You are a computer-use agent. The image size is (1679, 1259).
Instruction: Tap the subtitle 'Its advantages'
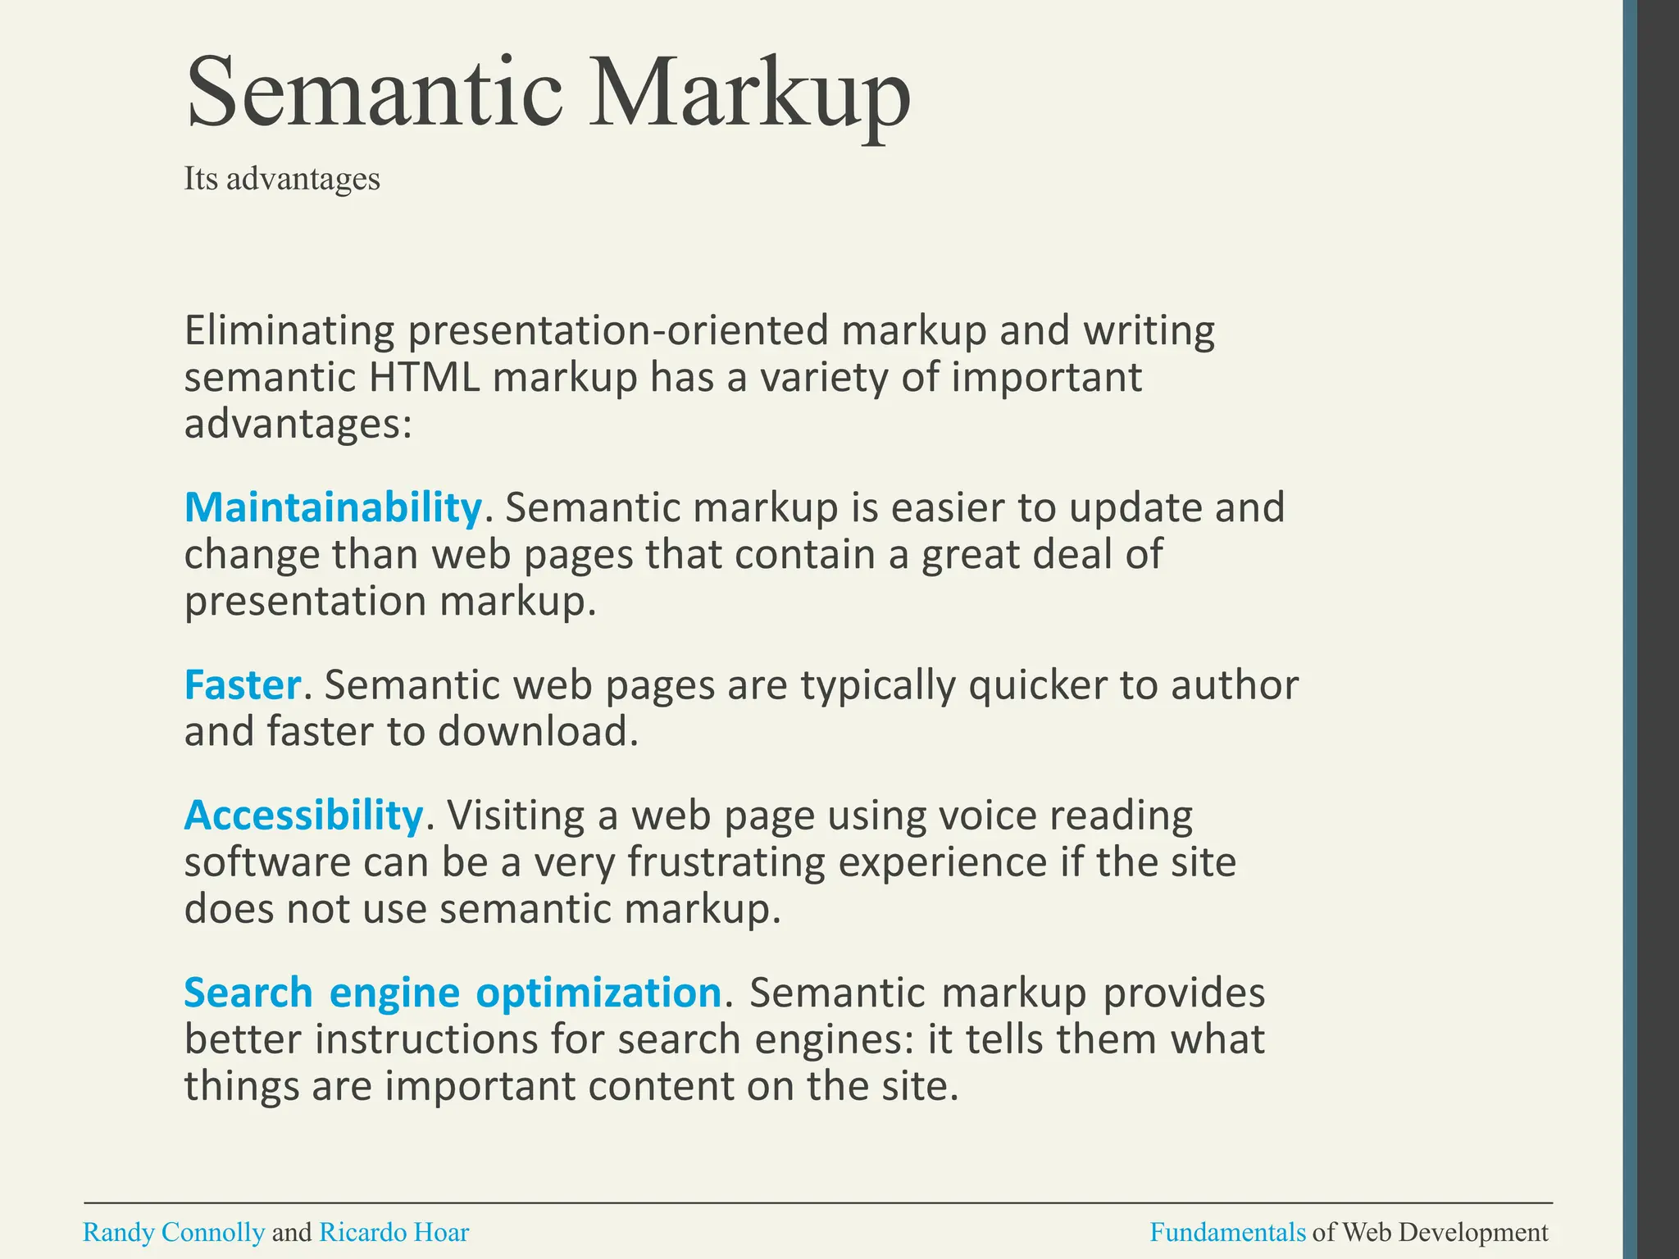click(x=282, y=179)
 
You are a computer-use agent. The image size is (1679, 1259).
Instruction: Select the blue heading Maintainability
click(x=333, y=507)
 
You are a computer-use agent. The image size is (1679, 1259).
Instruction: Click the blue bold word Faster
click(x=243, y=684)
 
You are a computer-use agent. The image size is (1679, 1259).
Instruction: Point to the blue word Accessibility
click(x=303, y=815)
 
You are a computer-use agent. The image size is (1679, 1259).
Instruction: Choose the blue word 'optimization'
click(x=598, y=993)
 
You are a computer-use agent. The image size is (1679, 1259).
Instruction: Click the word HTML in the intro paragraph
click(x=424, y=378)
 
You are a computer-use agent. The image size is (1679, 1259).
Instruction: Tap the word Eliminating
click(x=289, y=330)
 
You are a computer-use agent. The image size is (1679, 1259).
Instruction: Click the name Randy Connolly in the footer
click(x=174, y=1232)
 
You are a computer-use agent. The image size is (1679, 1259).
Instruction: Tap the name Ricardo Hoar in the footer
click(x=394, y=1232)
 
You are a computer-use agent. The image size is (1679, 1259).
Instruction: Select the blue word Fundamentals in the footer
click(x=1227, y=1232)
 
